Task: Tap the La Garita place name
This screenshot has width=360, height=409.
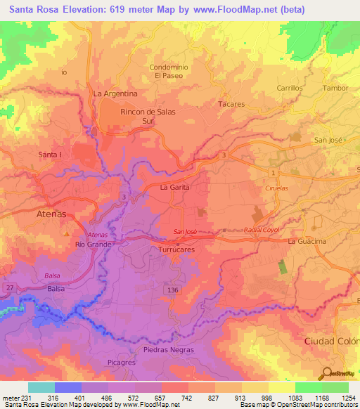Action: click(x=174, y=188)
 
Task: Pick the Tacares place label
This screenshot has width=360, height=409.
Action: click(x=231, y=104)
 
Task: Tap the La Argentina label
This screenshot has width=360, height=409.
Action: click(x=115, y=93)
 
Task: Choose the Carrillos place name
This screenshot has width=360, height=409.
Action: click(x=289, y=89)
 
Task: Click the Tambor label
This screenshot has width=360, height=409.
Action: click(x=335, y=89)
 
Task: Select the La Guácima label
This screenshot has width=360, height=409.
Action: click(x=308, y=242)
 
